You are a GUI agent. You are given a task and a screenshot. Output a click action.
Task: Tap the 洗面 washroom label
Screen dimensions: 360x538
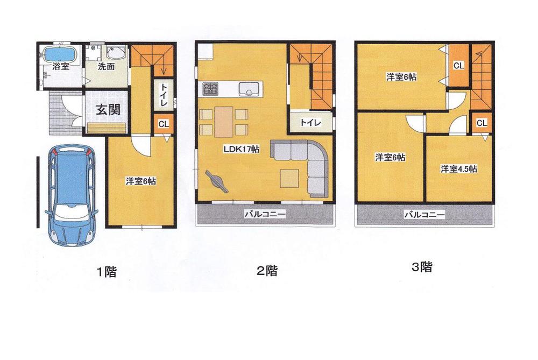point(106,67)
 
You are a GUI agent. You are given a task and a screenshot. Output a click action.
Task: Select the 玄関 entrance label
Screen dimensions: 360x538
point(108,109)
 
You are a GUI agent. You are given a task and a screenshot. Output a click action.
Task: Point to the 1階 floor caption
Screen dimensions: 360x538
point(105,272)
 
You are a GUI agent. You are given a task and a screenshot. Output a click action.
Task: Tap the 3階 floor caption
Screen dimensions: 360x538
point(421,267)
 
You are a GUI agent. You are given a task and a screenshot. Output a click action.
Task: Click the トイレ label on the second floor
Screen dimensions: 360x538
point(310,123)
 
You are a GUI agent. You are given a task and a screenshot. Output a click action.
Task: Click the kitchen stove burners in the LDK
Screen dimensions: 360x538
point(210,88)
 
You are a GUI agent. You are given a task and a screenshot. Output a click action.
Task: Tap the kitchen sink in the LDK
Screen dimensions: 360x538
point(249,89)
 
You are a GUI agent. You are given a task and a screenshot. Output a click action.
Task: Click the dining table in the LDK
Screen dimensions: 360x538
point(223,122)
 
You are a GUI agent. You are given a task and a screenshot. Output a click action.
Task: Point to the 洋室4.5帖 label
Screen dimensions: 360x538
point(458,169)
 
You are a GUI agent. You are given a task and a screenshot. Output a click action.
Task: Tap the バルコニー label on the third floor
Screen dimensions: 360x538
point(424,215)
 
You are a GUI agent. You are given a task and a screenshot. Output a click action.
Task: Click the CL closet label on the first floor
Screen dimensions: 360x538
point(164,124)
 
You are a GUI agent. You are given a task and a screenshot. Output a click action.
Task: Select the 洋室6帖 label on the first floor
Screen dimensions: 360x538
point(140,182)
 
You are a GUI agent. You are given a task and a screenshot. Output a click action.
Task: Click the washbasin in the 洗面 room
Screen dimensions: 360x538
point(116,53)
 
